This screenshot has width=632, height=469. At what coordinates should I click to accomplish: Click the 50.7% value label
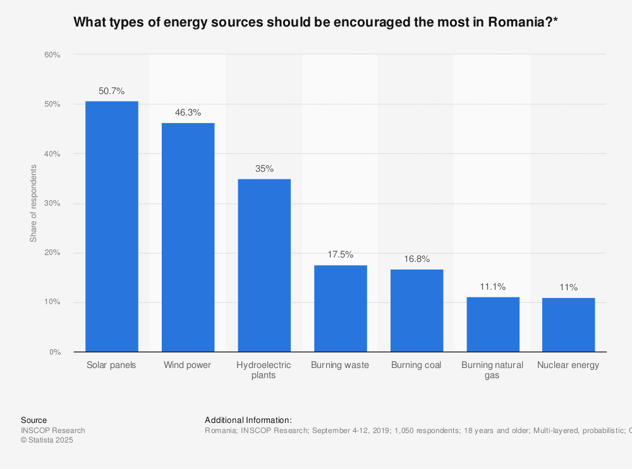112,91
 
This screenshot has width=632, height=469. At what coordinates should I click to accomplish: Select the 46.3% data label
188,112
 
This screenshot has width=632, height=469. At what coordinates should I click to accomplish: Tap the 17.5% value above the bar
341,255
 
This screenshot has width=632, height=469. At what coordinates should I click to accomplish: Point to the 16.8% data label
416,259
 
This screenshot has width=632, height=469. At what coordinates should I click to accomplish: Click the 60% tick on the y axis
52,55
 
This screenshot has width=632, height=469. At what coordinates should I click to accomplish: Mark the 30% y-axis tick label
52,203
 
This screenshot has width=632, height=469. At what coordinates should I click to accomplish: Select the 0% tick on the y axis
54,352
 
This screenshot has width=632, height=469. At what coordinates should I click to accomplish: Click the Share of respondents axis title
33,203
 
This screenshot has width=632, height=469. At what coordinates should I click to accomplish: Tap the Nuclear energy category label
568,365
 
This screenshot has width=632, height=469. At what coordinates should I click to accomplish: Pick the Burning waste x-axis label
340,365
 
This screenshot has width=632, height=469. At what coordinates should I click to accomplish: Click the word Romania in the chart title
520,23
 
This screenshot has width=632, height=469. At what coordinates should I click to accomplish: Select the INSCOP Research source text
53,430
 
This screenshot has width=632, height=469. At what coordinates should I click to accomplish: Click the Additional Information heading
248,420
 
